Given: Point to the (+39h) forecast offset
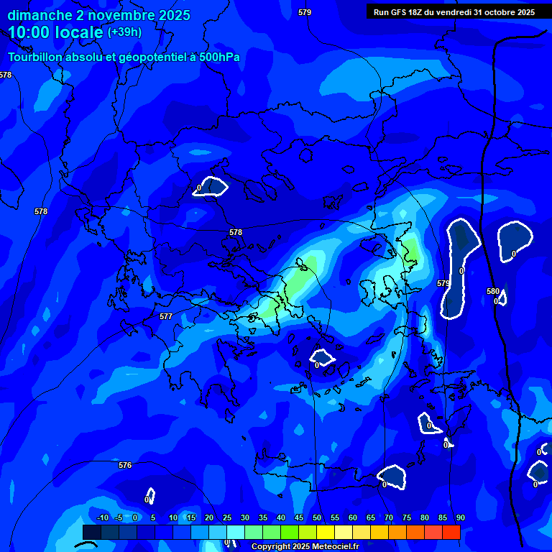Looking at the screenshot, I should click(124, 32).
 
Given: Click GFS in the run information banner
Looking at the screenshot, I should click(397, 12).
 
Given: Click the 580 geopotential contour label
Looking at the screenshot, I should click(492, 291).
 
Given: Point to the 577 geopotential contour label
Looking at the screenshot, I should click(166, 316).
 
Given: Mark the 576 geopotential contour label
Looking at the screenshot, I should click(125, 465).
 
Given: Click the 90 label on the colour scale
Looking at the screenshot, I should click(460, 517).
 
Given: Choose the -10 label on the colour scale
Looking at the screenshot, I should click(102, 517).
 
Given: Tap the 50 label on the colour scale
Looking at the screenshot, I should click(317, 517).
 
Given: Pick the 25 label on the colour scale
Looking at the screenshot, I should click(227, 517).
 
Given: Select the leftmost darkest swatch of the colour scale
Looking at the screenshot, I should click(92, 532).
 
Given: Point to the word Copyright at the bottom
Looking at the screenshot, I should click(272, 547).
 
